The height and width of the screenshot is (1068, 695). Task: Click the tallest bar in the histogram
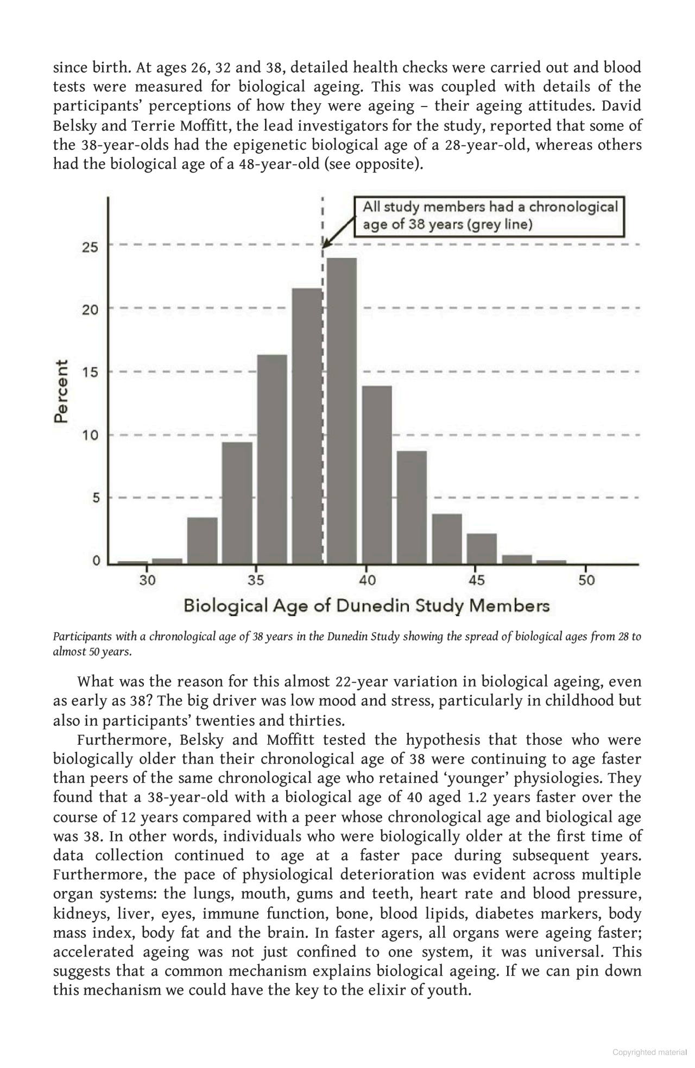coord(342,410)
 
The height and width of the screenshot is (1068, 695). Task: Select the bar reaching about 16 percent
coord(271,459)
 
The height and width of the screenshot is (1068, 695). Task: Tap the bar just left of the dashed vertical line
coord(307,426)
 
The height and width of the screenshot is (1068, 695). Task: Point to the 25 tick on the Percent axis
coord(90,248)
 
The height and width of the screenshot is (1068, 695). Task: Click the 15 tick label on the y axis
coord(90,373)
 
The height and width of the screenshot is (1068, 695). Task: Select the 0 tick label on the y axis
coord(96,561)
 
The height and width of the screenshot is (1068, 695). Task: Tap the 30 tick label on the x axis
coord(147,580)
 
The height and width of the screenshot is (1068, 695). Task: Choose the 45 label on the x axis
coord(476,580)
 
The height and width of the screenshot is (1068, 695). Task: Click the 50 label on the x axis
coord(586,580)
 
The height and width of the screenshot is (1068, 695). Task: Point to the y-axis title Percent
coord(61,391)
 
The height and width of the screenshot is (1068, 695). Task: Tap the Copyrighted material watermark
coord(649,1052)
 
